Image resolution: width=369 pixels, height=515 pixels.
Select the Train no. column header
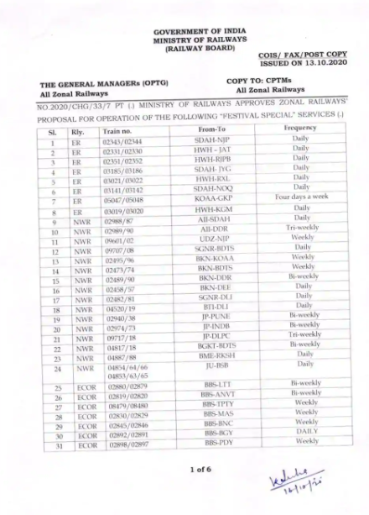pyautogui.click(x=117, y=132)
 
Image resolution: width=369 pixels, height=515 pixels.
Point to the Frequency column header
pyautogui.click(x=302, y=129)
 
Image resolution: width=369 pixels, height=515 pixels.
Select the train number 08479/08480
pyautogui.click(x=120, y=405)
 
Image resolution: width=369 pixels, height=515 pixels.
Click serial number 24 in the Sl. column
pyautogui.click(x=53, y=367)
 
